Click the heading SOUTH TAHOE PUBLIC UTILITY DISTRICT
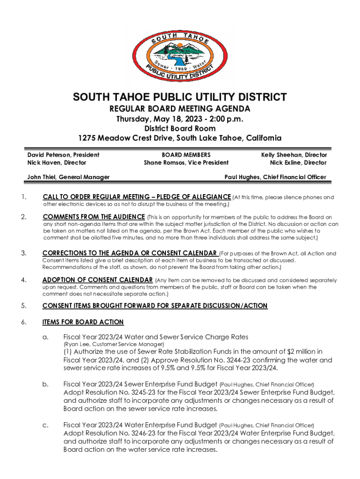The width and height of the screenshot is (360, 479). coord(180,97)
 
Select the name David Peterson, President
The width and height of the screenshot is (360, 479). coord(63,154)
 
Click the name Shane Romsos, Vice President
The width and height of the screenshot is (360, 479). coord(186,163)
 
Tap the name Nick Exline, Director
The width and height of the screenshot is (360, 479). coord(298,163)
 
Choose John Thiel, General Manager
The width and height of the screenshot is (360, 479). coord(68,177)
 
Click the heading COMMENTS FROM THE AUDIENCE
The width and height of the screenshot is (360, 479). coord(94,217)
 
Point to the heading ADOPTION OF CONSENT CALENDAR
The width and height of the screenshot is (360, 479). coord(97,280)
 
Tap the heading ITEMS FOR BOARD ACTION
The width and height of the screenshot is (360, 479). coord(83,322)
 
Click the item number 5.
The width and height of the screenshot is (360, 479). coord(23,306)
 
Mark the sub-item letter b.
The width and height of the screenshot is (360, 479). coord(45,384)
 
